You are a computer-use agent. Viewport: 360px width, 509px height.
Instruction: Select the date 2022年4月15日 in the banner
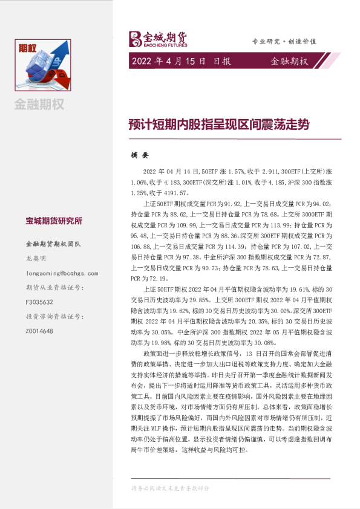[x=166, y=61]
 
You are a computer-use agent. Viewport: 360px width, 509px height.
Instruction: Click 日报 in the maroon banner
[x=222, y=61]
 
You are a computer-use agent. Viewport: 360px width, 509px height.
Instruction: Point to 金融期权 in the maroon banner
[x=289, y=61]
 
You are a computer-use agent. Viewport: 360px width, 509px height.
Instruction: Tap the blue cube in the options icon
[x=42, y=61]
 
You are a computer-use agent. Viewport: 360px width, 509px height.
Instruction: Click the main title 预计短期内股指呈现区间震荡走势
[x=218, y=125]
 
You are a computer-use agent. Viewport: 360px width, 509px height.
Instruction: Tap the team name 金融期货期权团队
[x=53, y=245]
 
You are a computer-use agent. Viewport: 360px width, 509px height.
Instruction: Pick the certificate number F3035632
[x=39, y=302]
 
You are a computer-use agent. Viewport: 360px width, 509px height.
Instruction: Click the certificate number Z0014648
[x=39, y=331]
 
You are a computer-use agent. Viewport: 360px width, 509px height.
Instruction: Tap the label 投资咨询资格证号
[x=53, y=316]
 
